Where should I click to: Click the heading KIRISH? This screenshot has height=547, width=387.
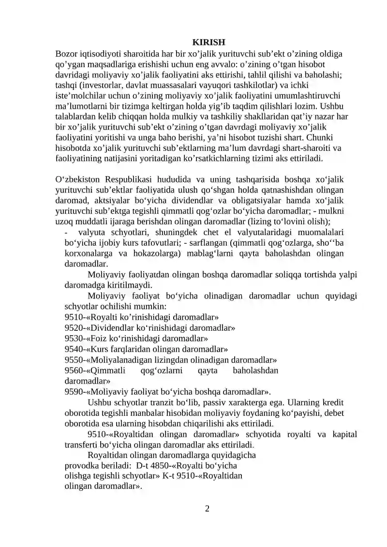click(x=207, y=42)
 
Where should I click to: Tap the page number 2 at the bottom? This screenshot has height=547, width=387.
click(x=207, y=508)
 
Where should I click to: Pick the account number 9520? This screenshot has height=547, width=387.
click(x=73, y=328)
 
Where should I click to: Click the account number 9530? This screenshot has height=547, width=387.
click(x=73, y=339)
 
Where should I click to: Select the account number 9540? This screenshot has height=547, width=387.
click(x=73, y=349)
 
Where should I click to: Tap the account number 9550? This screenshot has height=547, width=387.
click(x=73, y=360)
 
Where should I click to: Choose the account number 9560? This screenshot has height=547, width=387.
click(x=73, y=370)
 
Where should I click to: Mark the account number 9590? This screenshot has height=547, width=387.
click(x=73, y=392)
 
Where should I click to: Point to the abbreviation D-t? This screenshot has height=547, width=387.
click(x=143, y=466)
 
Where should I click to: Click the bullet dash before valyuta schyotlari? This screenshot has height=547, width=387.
click(x=66, y=233)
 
